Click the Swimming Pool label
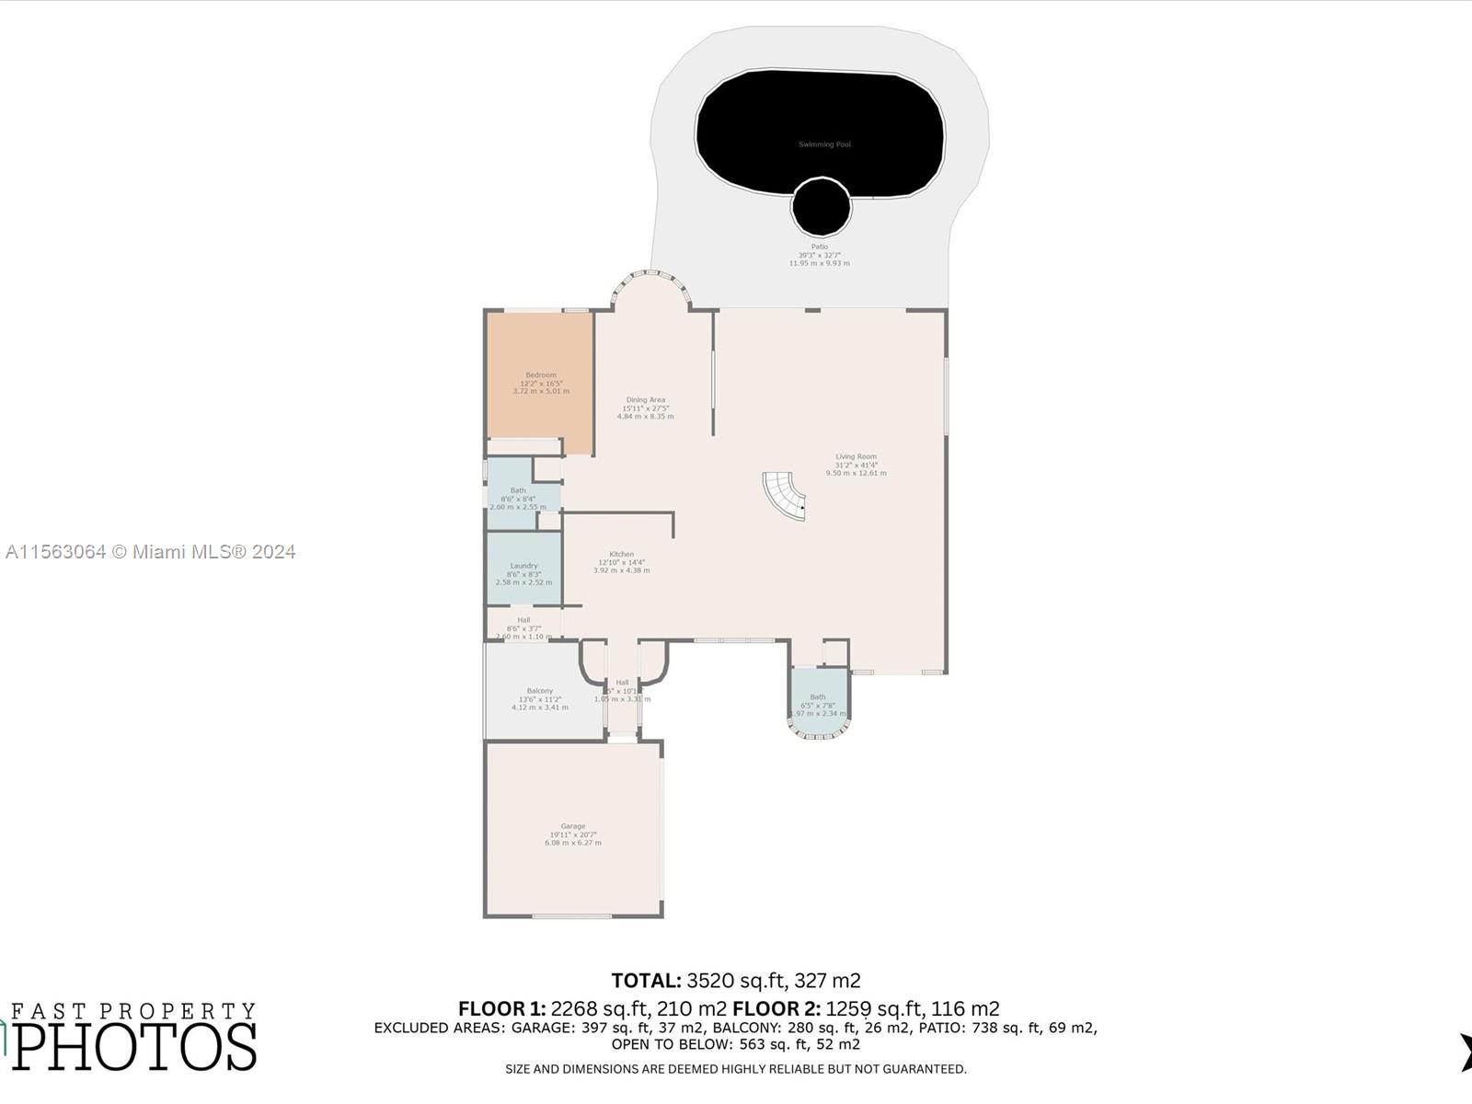(823, 144)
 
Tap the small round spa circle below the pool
(822, 208)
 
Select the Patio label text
(819, 247)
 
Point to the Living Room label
(856, 456)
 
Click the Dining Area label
(645, 400)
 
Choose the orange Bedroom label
(541, 374)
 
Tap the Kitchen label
(621, 555)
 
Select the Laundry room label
(523, 566)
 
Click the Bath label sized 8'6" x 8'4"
(518, 490)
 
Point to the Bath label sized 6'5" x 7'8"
(818, 697)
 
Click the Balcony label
(540, 691)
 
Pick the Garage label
(572, 826)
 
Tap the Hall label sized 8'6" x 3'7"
(523, 620)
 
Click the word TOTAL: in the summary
(646, 981)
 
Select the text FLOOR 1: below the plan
(502, 1008)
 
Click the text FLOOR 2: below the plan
(776, 1008)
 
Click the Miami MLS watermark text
(151, 552)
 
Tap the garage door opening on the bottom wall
(571, 915)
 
